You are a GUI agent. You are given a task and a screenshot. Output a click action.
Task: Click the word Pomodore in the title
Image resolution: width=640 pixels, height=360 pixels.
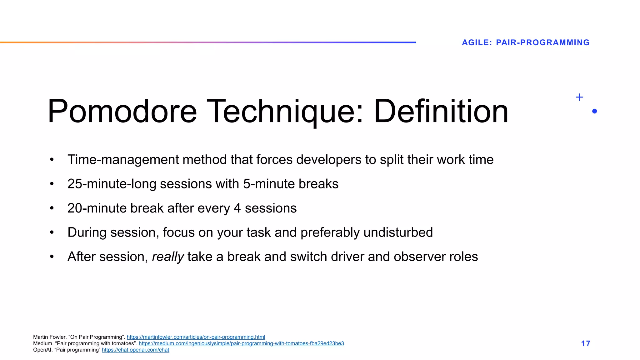click(x=122, y=111)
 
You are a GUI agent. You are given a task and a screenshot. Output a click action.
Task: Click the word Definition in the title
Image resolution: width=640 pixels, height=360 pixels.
click(x=441, y=111)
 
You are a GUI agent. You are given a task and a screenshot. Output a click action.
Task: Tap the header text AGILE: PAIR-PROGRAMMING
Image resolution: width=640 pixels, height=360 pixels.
click(x=525, y=42)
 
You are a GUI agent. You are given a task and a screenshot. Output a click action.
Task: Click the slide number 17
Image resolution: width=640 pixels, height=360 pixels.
click(x=585, y=343)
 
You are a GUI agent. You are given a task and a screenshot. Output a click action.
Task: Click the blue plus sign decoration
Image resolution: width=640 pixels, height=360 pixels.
click(x=579, y=97)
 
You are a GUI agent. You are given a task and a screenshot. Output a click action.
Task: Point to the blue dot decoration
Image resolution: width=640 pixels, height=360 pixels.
click(x=594, y=111)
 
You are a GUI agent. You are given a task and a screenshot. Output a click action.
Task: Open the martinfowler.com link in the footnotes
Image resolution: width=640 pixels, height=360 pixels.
click(x=196, y=337)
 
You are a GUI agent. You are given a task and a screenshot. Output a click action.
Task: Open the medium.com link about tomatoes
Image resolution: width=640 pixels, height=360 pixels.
click(x=241, y=343)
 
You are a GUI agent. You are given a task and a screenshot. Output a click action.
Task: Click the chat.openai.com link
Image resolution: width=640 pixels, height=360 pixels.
click(x=135, y=350)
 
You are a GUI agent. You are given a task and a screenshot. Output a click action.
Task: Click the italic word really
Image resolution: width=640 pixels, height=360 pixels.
click(x=168, y=257)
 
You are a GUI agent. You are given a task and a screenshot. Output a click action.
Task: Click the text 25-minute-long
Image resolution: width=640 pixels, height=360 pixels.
click(x=112, y=184)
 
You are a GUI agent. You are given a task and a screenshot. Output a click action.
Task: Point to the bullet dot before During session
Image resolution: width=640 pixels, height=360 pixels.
click(x=52, y=232)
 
